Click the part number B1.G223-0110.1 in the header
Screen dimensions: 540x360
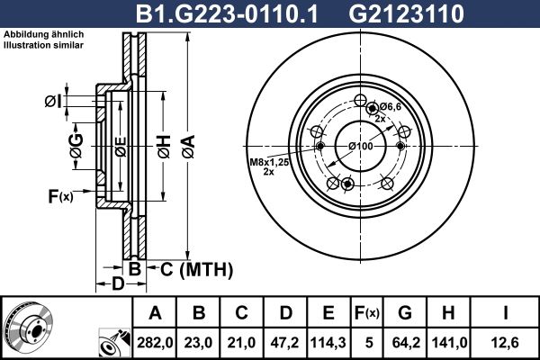226,14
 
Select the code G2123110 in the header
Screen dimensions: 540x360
407,14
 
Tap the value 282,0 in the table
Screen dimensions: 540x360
154,343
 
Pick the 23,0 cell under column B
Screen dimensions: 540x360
198,343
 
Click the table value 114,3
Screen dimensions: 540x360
328,343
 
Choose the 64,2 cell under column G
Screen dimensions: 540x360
406,343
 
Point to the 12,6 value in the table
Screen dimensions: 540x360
505,343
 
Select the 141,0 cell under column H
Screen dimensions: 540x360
449,343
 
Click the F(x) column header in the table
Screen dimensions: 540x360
367,313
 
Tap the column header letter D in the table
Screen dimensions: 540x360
285,313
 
